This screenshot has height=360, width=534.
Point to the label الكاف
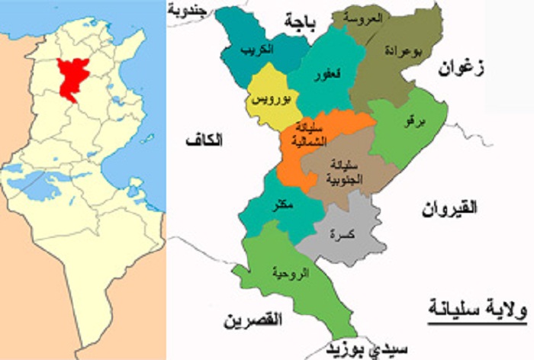[205, 140]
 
